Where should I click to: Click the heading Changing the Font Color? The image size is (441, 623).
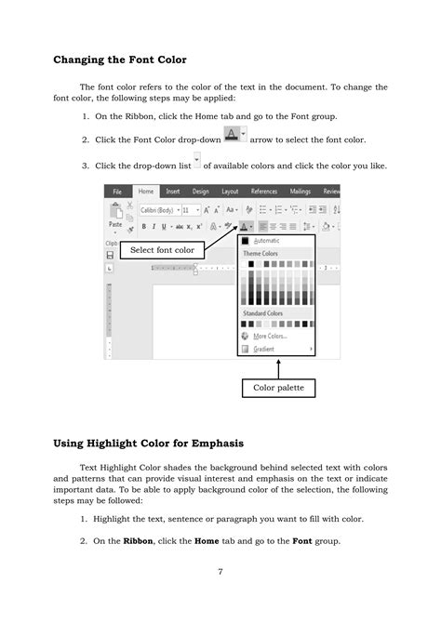[x=119, y=60]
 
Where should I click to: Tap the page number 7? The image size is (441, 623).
[x=220, y=570]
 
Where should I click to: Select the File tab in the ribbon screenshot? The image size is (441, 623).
[x=117, y=192]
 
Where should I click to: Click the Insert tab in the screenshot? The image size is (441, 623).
[x=173, y=192]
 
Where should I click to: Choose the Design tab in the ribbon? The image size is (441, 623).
[x=201, y=192]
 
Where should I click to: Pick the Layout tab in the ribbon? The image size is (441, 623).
[x=230, y=192]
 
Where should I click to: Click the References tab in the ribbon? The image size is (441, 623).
[x=265, y=192]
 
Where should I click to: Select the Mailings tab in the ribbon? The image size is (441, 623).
[x=301, y=192]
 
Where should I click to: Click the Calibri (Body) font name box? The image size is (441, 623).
[x=158, y=210]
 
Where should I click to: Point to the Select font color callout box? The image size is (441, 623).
[x=162, y=250]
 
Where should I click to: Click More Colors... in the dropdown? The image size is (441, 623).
[x=271, y=336]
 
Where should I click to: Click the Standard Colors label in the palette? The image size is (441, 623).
[x=265, y=313]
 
